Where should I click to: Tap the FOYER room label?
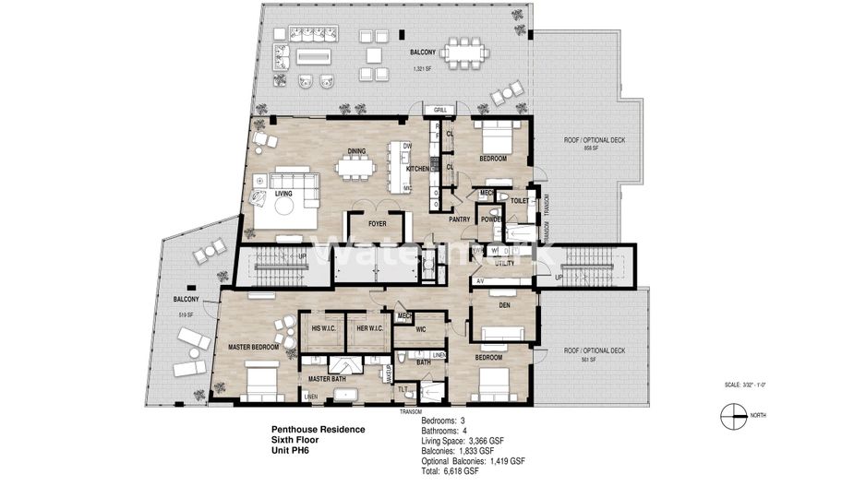point(378,222)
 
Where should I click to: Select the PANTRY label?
point(460,219)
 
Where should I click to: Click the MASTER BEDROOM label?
point(252,347)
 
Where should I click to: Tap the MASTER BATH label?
point(326,379)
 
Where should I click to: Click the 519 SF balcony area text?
point(185,315)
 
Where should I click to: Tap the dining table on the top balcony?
point(464,52)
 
